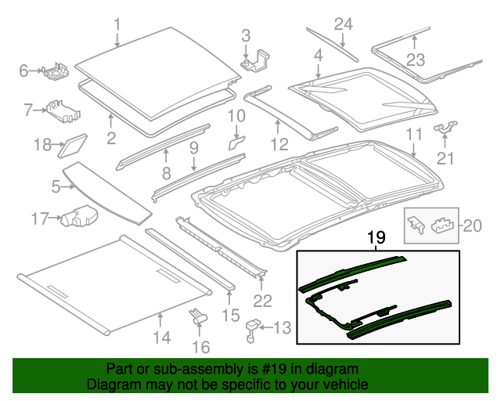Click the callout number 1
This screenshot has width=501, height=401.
[117, 25]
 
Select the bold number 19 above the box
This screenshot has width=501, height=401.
[377, 237]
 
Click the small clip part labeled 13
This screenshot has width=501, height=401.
[253, 329]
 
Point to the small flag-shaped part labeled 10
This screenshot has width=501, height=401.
[236, 143]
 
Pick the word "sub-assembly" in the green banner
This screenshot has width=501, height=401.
[181, 369]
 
